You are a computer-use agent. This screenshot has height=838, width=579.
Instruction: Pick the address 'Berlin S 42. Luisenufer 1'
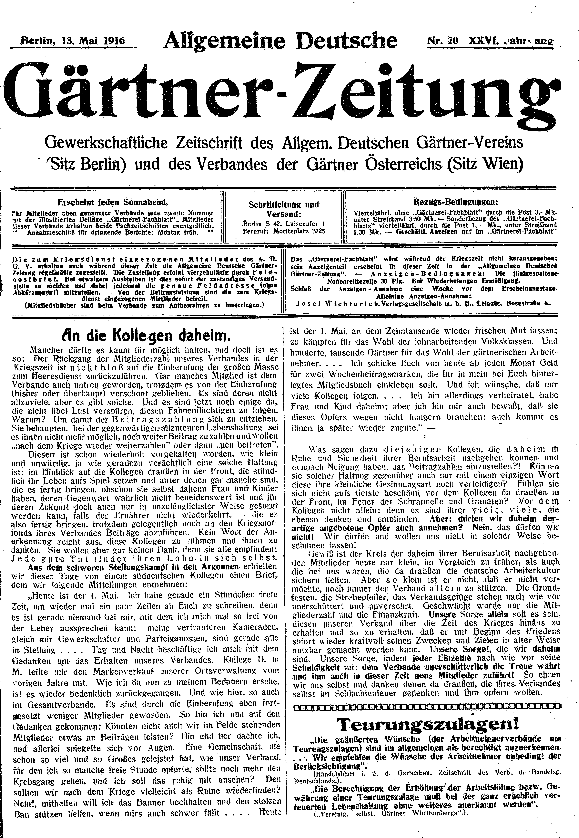[x=284, y=224]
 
